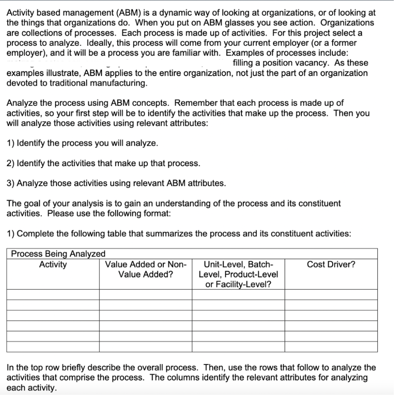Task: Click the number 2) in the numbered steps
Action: pos(11,163)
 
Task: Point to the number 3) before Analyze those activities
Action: pos(11,183)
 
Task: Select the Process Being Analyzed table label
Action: pos(58,254)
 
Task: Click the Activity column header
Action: pos(53,265)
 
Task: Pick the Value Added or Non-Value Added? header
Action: pos(146,269)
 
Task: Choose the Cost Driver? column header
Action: pos(331,265)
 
